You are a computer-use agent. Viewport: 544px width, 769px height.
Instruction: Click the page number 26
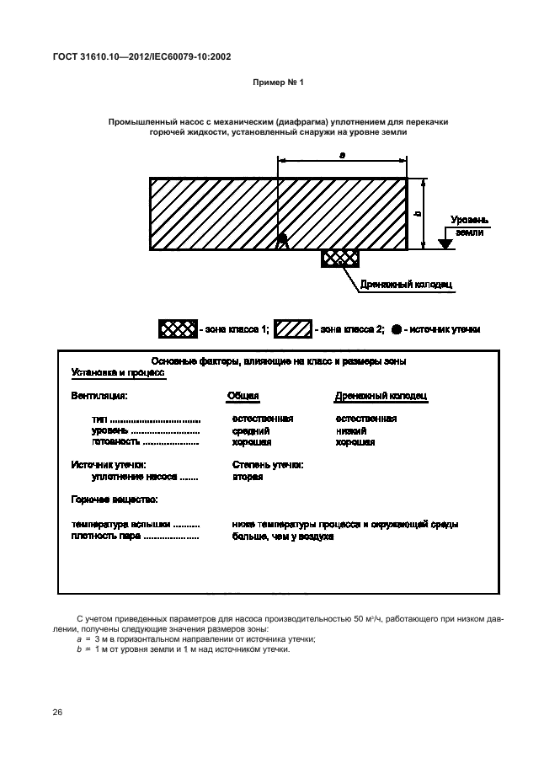point(58,713)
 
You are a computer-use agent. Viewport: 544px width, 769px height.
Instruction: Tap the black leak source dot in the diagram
point(282,240)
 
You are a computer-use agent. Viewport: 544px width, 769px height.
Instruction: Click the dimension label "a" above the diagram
point(341,155)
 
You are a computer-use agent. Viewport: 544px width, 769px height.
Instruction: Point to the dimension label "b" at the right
point(419,214)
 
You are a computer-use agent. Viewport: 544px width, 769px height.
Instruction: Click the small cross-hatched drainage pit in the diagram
point(339,259)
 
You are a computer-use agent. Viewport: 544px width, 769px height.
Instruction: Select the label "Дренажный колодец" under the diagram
point(406,284)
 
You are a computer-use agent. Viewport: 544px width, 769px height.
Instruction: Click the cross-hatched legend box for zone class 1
point(179,329)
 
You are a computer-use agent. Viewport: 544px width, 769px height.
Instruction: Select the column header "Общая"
point(243,395)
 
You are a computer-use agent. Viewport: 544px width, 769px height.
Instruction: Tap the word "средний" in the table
point(250,430)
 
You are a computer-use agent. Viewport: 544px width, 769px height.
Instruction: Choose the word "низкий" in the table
point(350,430)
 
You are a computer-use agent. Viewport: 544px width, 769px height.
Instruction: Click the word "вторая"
point(248,477)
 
